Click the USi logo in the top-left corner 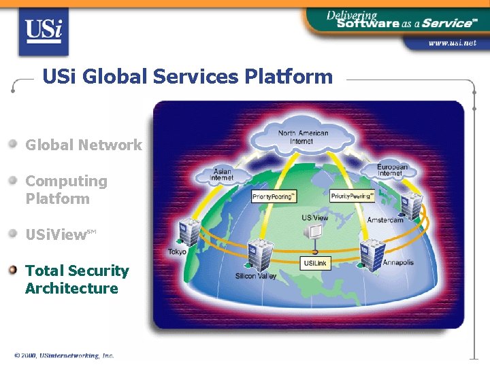(x=44, y=31)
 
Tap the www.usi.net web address (x=452, y=43)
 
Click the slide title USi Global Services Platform (x=187, y=76)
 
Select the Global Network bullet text (x=83, y=145)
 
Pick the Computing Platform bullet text (x=66, y=190)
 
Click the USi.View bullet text (x=61, y=234)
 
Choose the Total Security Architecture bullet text (x=76, y=279)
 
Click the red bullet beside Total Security (x=13, y=270)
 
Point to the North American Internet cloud (x=304, y=137)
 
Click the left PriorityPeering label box (x=274, y=197)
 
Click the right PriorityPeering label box (x=352, y=196)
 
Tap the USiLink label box (x=316, y=263)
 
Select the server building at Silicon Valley (x=259, y=256)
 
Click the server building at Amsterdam (x=411, y=205)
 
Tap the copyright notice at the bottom (x=64, y=355)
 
